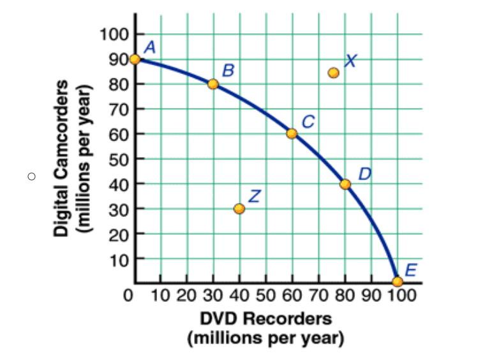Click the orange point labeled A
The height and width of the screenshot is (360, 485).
tap(135, 59)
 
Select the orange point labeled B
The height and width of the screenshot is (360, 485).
tap(213, 84)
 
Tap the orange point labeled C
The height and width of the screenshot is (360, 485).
tap(292, 133)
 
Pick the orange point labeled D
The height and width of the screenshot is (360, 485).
tap(345, 184)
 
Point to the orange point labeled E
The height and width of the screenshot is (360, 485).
tap(398, 281)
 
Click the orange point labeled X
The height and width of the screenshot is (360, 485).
tap(333, 73)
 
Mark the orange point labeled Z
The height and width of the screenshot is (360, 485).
tap(239, 209)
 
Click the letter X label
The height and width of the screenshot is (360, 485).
tap(350, 61)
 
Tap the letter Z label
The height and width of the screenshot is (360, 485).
tap(254, 196)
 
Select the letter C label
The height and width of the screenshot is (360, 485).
tap(308, 121)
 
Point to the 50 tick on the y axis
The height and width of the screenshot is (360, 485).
tap(118, 159)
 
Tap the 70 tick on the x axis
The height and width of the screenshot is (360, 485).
tap(318, 296)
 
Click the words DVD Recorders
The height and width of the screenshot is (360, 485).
tap(266, 318)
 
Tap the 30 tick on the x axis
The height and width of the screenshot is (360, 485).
tap(213, 296)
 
